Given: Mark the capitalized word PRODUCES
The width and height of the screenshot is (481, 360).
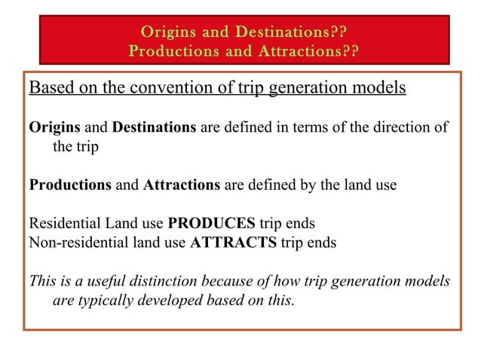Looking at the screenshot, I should [211, 224].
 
